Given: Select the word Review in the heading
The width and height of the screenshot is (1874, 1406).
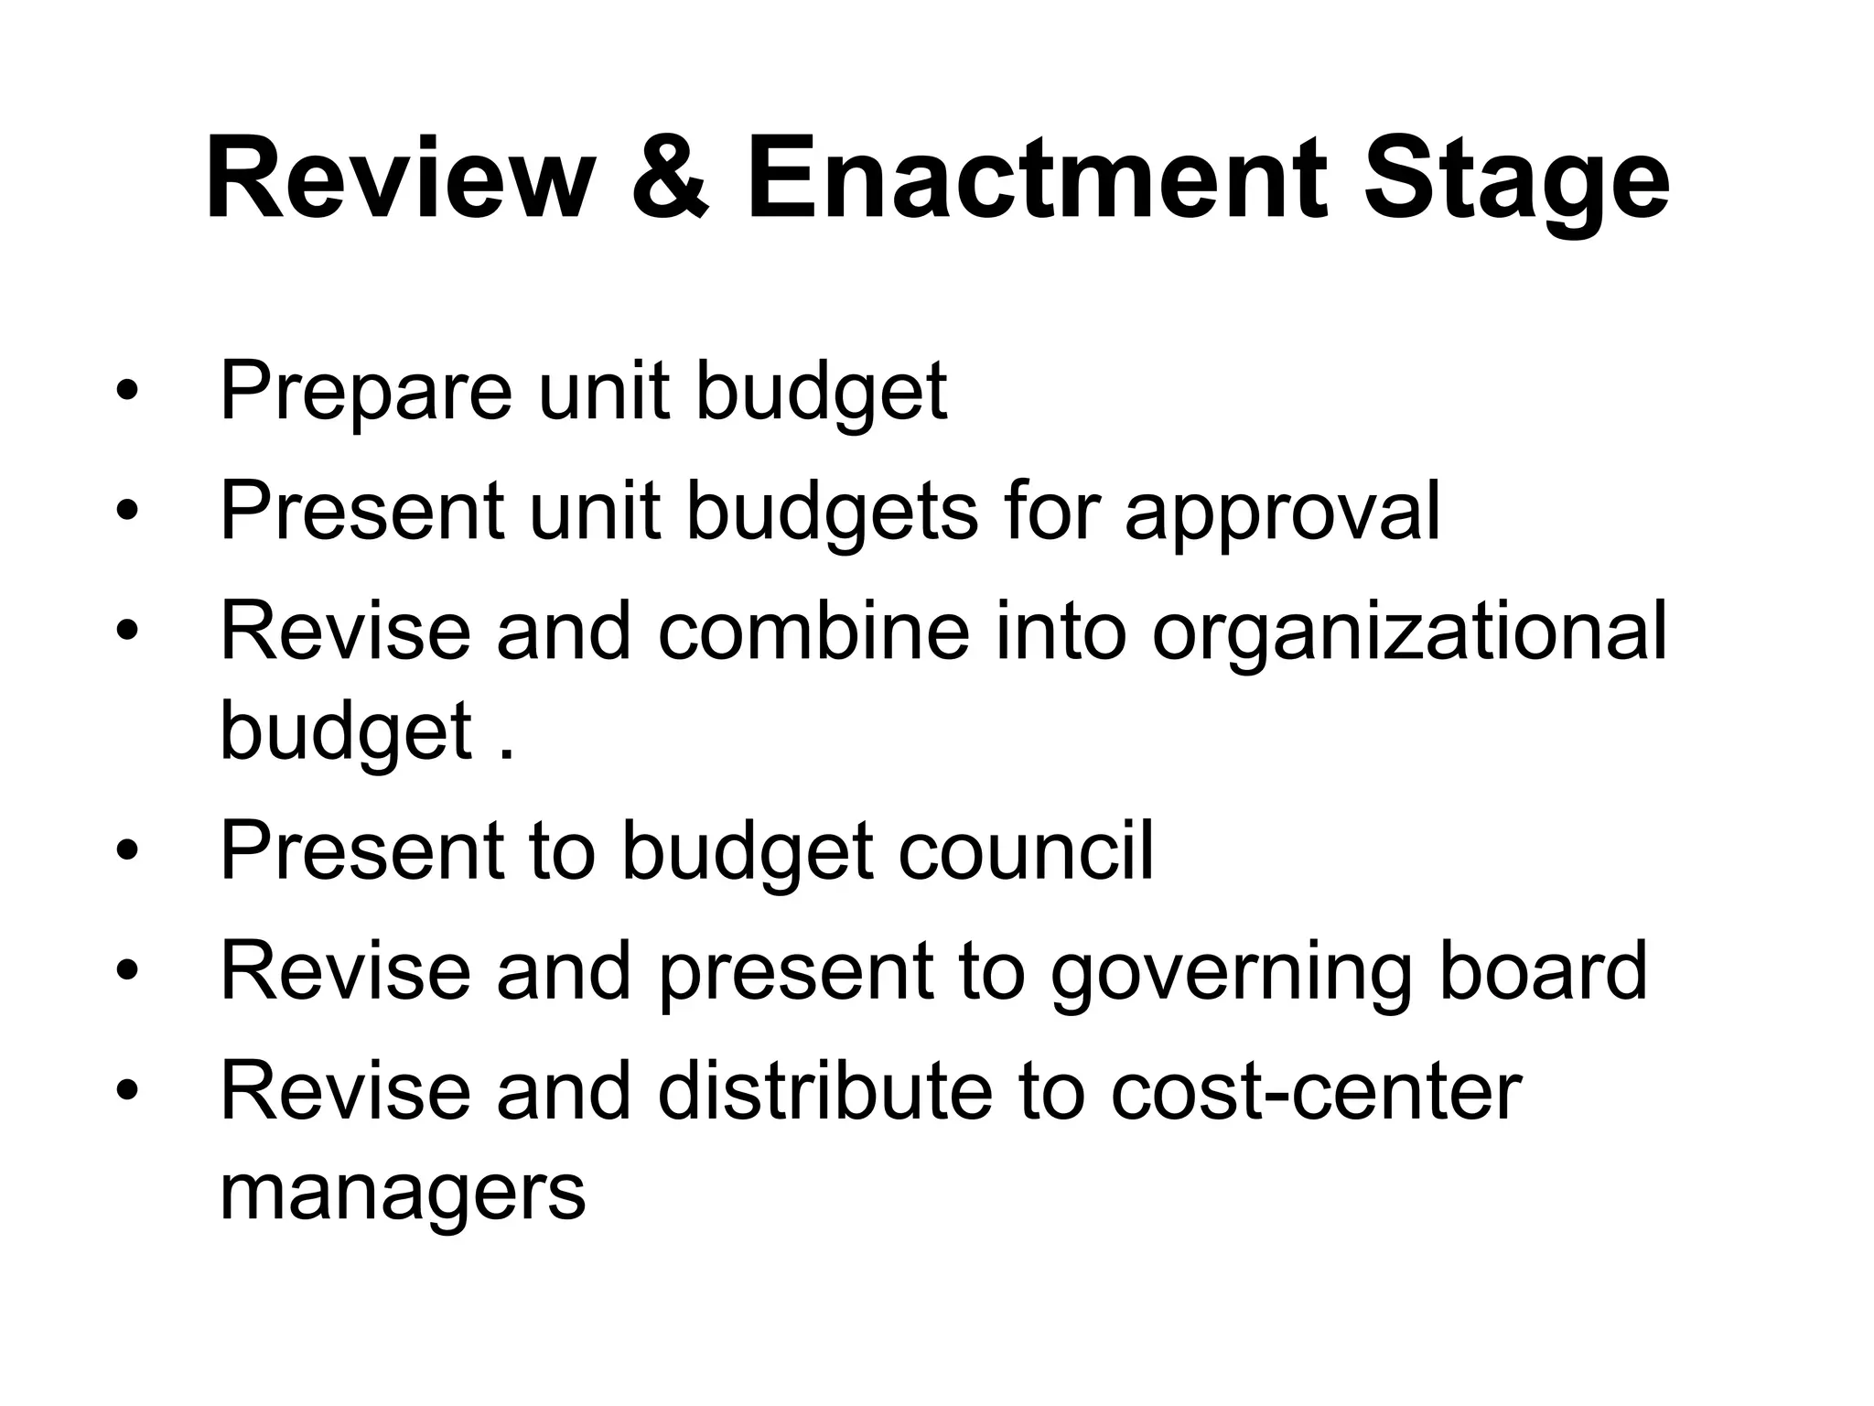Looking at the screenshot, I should (x=395, y=178).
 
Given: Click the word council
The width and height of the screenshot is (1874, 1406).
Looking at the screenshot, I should (x=1026, y=850).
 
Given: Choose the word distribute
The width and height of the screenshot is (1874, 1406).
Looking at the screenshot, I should (x=825, y=1091).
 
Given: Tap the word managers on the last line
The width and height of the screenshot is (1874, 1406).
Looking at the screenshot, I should (x=403, y=1195).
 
